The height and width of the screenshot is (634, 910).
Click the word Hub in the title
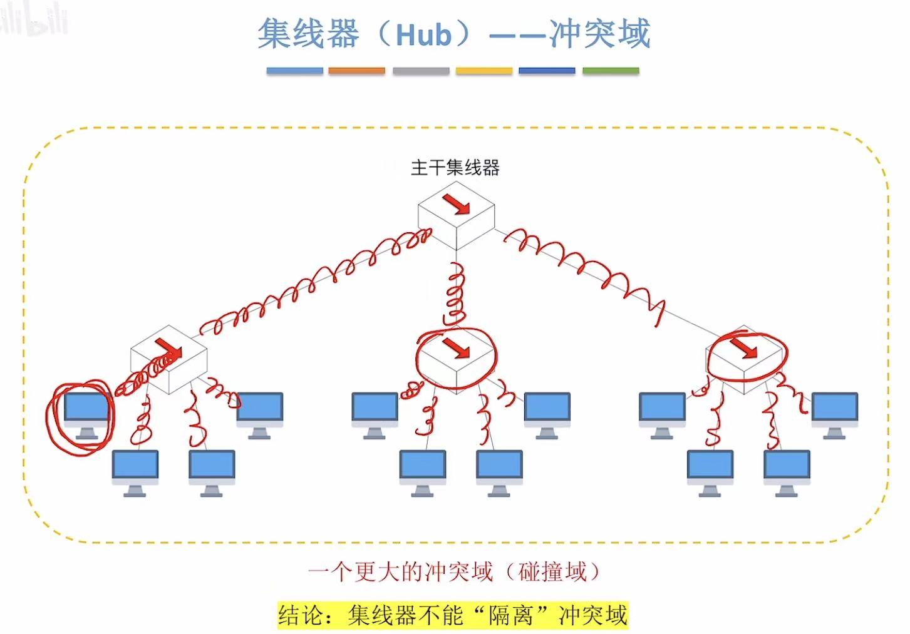(423, 34)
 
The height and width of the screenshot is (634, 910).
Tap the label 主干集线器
(455, 168)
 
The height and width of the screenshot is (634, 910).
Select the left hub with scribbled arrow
(168, 359)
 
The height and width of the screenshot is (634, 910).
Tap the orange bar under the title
(356, 71)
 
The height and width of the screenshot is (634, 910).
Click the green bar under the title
(610, 71)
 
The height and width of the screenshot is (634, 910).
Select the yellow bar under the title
(483, 71)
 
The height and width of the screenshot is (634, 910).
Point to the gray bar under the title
(420, 71)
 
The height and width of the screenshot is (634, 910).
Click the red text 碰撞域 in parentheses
(553, 571)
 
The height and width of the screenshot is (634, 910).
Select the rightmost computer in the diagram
(834, 413)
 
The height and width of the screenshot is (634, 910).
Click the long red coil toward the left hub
(313, 282)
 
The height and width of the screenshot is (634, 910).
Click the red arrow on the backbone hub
(456, 203)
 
